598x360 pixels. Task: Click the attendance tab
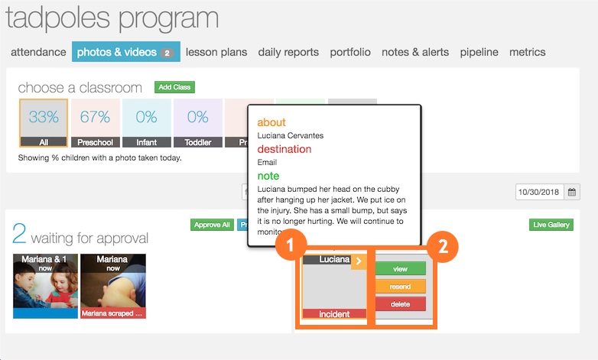pos(38,52)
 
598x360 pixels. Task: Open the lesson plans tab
pos(216,52)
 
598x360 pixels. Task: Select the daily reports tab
pos(288,52)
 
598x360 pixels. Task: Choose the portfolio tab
pos(350,52)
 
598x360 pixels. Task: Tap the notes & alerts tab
pos(415,52)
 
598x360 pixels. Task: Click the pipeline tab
pos(479,52)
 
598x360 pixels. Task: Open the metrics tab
pos(528,52)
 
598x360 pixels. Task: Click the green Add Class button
pos(174,87)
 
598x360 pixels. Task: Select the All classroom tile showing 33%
pos(44,122)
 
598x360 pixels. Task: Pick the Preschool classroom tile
pos(96,122)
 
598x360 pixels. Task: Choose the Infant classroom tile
pos(146,122)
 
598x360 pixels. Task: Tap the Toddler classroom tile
pos(197,122)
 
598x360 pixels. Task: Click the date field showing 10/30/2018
pos(539,192)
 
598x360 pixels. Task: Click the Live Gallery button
pos(551,225)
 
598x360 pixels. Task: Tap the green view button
pos(400,269)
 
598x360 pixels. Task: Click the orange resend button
pos(400,287)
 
